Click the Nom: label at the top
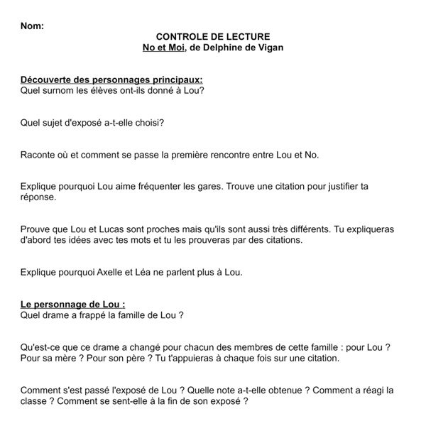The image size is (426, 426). [32, 26]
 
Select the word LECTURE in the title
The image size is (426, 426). [250, 36]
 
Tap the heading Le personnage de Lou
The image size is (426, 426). [73, 304]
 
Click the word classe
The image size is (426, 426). [37, 401]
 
